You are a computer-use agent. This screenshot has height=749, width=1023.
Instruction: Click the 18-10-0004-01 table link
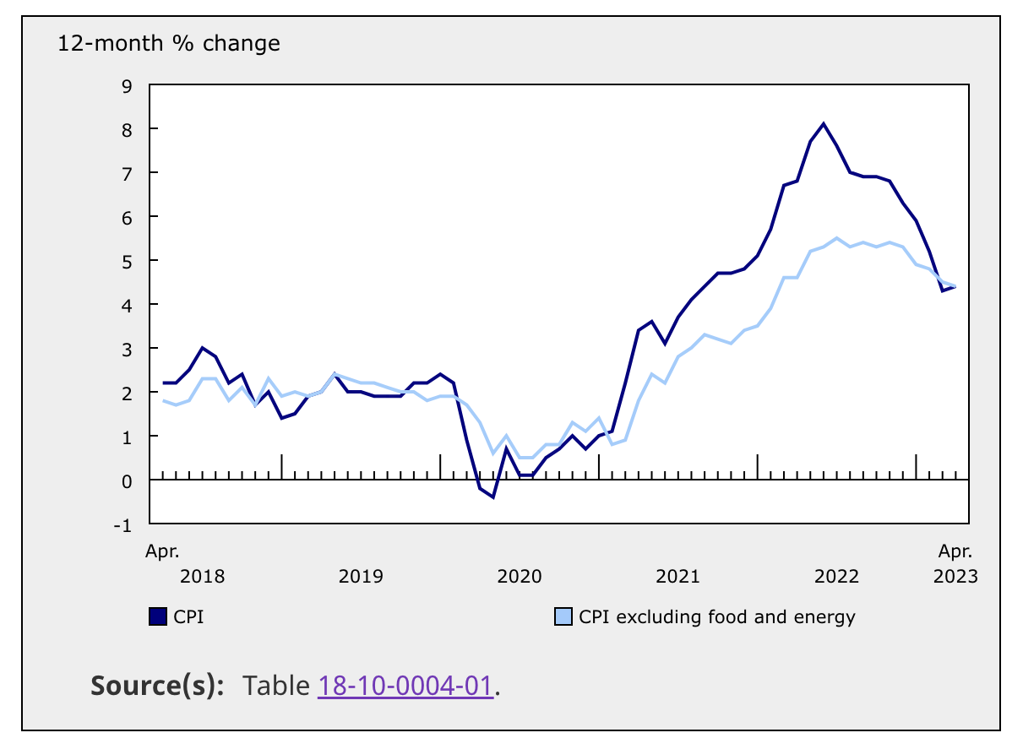click(x=405, y=686)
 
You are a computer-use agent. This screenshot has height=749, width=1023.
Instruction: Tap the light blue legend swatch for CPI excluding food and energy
click(x=563, y=617)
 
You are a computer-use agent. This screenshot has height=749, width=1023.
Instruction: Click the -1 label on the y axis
click(x=123, y=525)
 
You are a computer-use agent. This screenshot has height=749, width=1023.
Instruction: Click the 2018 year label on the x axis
click(x=203, y=577)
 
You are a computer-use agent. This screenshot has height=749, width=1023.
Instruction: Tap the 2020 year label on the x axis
click(x=519, y=577)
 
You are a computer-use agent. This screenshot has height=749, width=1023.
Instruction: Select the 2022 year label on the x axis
click(x=836, y=577)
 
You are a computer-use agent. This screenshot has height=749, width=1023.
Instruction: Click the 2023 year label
click(x=955, y=577)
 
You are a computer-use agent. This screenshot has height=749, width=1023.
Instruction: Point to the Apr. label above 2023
click(x=955, y=552)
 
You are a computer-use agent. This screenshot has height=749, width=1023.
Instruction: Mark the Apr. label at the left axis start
click(x=162, y=552)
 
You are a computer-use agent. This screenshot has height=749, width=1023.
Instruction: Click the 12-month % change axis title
click(x=169, y=43)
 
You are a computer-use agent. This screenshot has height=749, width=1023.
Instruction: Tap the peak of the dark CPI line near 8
click(x=824, y=124)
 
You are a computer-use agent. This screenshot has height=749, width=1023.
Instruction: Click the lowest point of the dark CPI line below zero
click(x=492, y=497)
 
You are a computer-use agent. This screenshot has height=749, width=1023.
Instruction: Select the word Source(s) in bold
click(x=157, y=686)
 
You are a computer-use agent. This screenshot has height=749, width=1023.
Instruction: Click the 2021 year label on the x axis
click(x=677, y=577)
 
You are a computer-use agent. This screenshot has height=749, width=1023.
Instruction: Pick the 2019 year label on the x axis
click(x=361, y=577)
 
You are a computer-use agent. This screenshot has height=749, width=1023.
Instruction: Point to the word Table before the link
click(x=277, y=686)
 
